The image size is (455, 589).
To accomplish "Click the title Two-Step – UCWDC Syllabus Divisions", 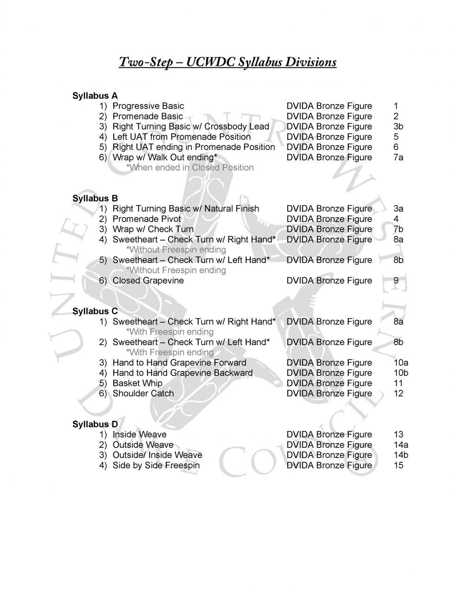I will pos(227,62).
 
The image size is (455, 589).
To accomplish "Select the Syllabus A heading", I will pos(95,96).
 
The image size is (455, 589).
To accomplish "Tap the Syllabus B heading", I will pos(95,198).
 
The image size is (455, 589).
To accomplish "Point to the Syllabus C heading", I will pos(95,311).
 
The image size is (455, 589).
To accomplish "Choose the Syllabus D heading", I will pos(95,424).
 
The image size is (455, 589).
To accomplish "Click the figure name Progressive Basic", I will pos(148,106).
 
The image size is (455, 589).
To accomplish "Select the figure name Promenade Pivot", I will pos(147,219).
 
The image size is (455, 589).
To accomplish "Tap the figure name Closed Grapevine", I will pos(148,281).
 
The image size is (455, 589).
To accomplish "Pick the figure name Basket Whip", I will pos(137,383).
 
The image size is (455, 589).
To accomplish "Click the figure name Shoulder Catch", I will pos(143,393).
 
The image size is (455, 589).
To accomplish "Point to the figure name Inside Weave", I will pos(139,434).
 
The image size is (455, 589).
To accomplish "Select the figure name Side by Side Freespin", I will pos(156,465).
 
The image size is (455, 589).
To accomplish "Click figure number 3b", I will pos(398,126).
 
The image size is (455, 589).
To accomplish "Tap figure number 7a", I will pos(398,157).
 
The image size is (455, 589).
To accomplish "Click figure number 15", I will pos(398,465).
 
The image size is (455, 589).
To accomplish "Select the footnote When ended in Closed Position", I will pos(190,167).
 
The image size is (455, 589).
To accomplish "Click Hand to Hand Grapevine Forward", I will pos(179,363).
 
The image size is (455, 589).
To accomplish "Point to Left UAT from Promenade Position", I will pos(182,137).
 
